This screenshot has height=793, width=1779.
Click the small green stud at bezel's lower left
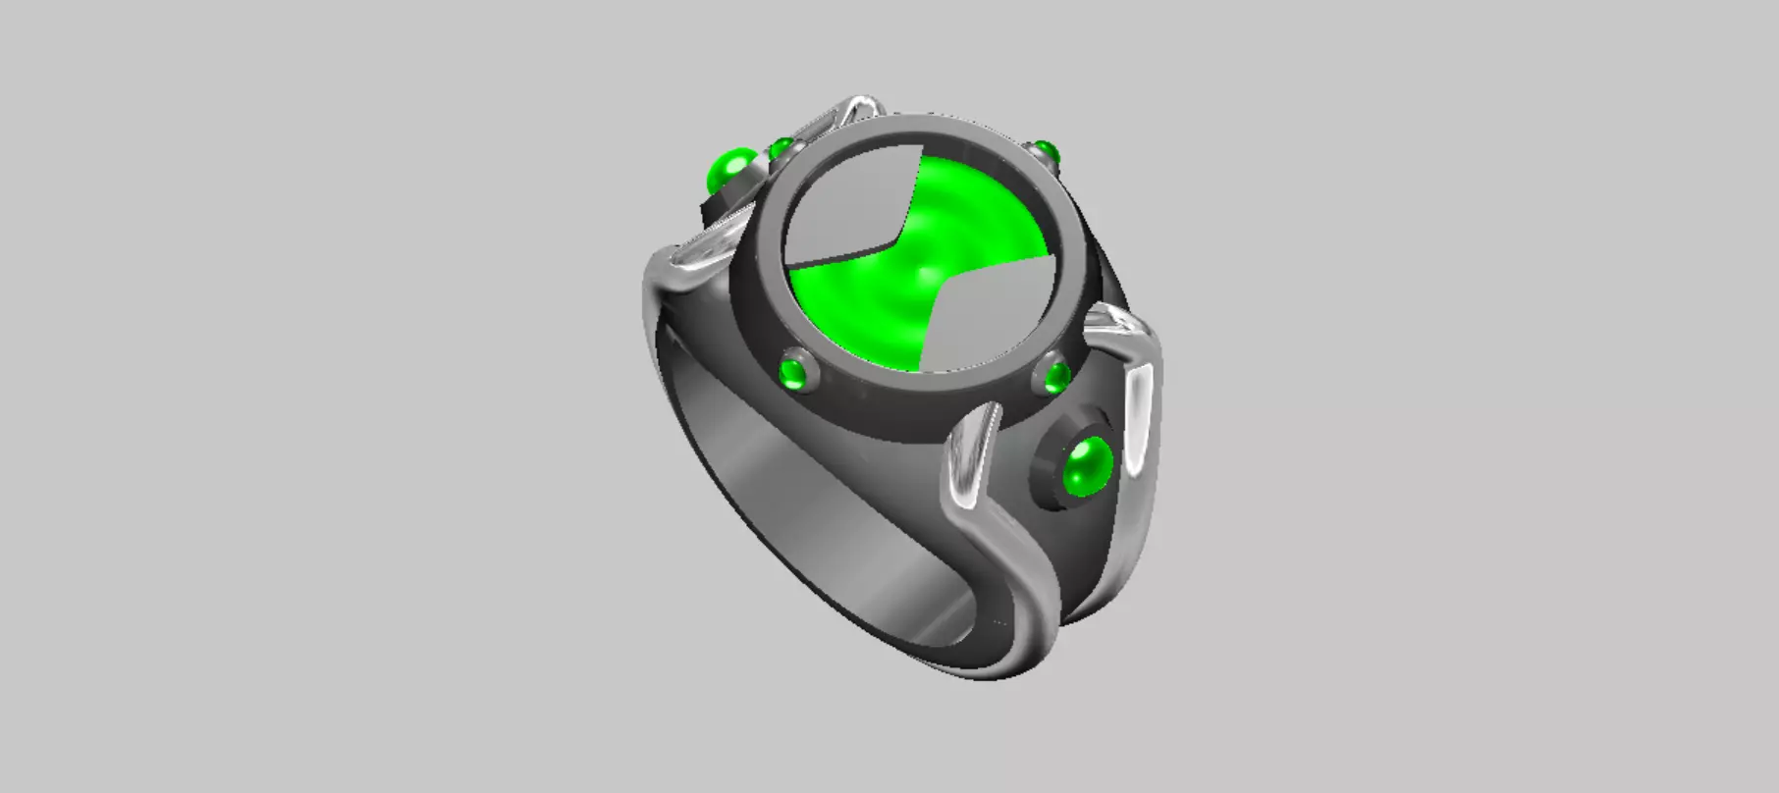[791, 373]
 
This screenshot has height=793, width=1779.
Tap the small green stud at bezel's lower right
[1057, 376]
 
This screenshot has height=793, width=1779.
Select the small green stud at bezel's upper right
[1043, 152]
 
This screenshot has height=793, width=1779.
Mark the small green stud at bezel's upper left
[782, 150]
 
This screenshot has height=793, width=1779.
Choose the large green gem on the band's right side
[1088, 466]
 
